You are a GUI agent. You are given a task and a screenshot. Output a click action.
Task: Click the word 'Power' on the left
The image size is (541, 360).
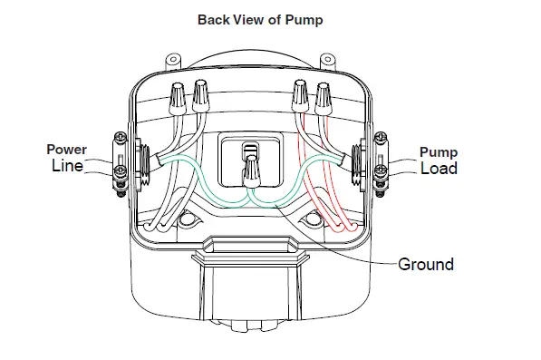(68, 150)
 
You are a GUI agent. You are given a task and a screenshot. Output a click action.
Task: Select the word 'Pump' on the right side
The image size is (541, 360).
(439, 152)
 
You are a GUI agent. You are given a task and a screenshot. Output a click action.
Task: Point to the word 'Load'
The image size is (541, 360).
(439, 169)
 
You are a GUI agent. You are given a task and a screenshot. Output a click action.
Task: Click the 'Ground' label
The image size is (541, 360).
(426, 265)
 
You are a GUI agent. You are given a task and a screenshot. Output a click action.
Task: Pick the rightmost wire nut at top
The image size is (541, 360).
(323, 93)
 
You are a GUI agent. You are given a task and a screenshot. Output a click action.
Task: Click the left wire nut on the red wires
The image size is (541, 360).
(302, 92)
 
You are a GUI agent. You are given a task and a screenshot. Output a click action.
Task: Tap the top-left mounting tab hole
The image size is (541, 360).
(171, 61)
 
